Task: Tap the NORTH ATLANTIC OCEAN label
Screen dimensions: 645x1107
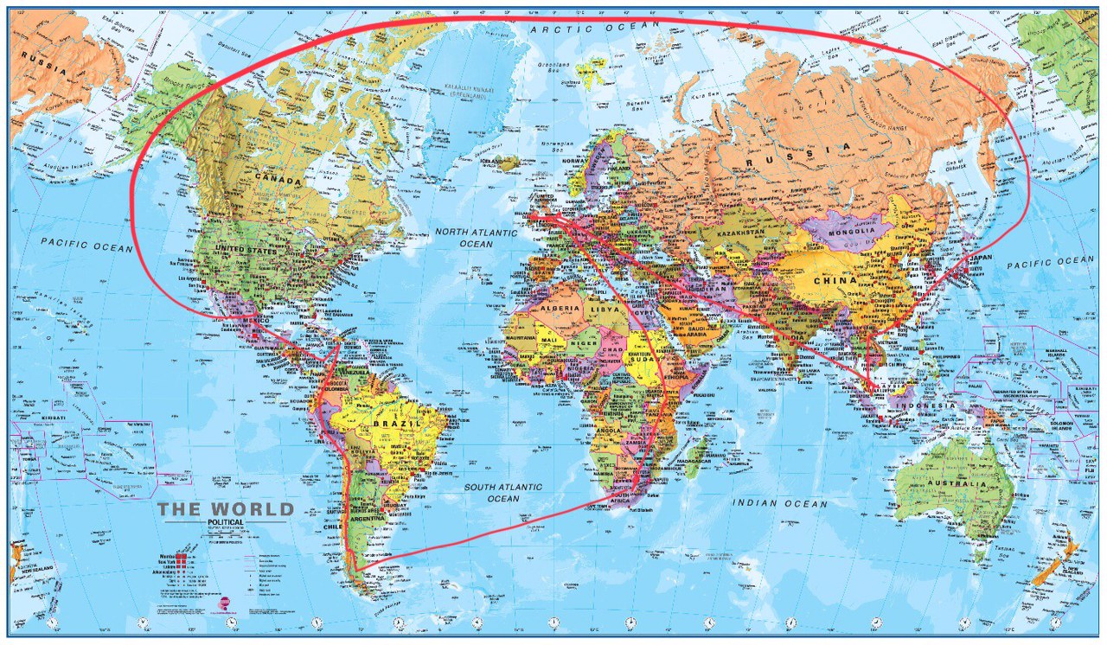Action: click(476, 238)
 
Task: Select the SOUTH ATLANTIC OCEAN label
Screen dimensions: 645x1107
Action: click(503, 493)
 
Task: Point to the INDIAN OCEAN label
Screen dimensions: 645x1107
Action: click(779, 503)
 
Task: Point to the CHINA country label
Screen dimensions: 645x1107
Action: click(835, 280)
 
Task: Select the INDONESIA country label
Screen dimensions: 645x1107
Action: click(925, 406)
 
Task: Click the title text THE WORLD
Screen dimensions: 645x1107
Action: click(226, 509)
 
